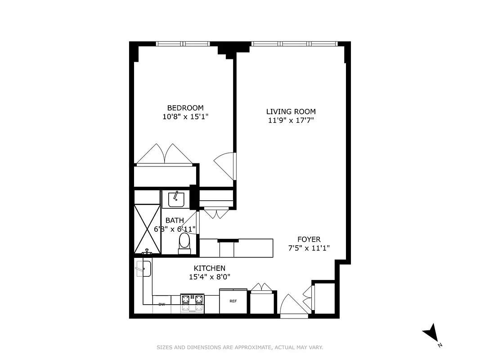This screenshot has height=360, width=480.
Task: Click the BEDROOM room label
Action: click(185, 108)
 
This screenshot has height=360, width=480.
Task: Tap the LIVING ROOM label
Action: click(291, 112)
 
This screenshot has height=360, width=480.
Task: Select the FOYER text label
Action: click(309, 239)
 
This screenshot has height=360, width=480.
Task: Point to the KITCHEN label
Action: click(209, 268)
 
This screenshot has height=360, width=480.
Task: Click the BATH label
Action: click(175, 220)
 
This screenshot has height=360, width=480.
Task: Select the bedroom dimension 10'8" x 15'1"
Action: click(185, 117)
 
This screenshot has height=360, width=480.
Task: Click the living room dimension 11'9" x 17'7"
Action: click(291, 120)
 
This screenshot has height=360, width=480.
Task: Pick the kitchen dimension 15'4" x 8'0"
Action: click(209, 277)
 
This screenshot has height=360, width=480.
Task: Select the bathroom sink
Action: click(175, 199)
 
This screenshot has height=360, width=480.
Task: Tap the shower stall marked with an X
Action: click(147, 229)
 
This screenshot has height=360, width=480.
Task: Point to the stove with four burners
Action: click(192, 303)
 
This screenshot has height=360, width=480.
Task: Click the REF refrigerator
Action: click(233, 301)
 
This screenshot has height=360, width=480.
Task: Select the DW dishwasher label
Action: click(161, 305)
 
